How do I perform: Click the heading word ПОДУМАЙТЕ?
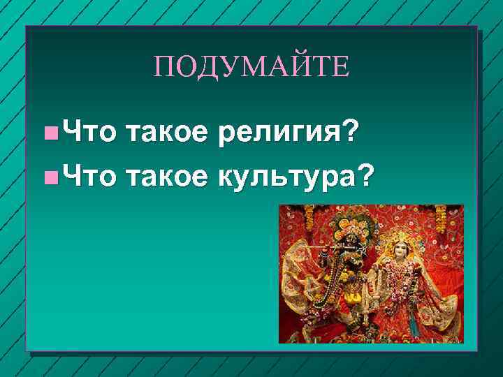tap(251, 68)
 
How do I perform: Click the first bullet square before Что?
tap(48, 131)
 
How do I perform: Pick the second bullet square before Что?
tap(48, 178)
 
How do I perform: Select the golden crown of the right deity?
tap(400, 227)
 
